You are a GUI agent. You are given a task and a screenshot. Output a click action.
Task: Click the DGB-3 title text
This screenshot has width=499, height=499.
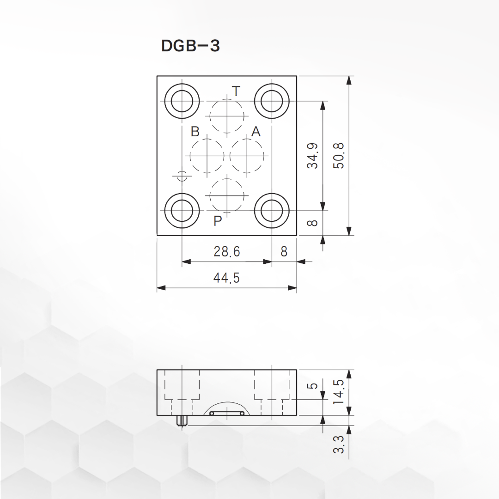190,46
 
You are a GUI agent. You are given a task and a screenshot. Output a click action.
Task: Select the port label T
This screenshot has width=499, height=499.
236,91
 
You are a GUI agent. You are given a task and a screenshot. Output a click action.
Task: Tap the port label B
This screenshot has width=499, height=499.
195,132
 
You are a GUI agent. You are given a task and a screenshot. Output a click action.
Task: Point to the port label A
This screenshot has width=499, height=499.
256,132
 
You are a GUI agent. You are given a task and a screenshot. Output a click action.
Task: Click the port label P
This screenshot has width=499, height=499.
218,221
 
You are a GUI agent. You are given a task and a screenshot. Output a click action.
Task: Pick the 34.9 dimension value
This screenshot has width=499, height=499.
313,156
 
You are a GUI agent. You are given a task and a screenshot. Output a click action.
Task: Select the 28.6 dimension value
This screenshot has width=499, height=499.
227,251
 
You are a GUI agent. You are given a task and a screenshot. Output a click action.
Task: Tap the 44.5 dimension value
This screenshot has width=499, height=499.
226,278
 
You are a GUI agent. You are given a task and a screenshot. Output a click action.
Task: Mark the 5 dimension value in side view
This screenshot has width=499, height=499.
313,385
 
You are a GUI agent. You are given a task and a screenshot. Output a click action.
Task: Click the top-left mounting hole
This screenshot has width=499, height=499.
182,101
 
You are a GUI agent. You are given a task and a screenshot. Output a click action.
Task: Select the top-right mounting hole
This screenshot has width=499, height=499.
272,101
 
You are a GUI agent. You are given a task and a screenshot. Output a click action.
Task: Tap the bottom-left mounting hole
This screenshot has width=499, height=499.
182,210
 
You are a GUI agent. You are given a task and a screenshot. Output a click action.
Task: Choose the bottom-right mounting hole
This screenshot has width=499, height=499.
272,210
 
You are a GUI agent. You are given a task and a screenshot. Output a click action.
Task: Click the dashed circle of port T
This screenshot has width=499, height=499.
227,116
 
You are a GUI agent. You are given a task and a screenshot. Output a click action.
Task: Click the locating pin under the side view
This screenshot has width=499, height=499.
182,421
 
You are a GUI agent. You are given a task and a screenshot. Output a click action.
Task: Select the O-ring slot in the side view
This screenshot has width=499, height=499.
226,413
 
